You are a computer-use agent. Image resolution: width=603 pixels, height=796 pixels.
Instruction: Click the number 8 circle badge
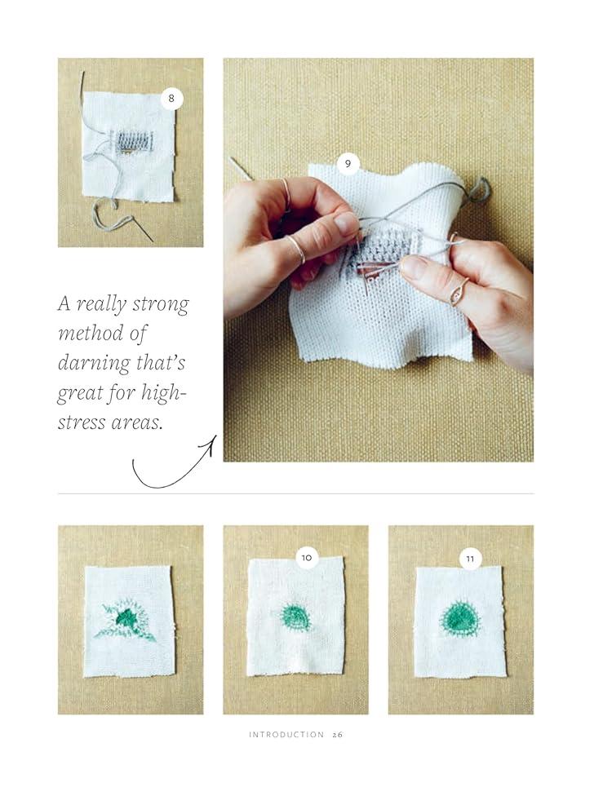pos(171,99)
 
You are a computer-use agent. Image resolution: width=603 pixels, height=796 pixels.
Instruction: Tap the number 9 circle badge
pos(348,163)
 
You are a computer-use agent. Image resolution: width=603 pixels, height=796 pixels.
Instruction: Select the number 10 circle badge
pos(307,558)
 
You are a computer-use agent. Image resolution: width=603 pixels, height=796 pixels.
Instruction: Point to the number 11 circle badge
pos(471,559)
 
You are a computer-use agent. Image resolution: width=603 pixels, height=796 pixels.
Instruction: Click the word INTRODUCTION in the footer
pos(286,735)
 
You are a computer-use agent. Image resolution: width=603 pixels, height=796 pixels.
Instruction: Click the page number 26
pos(338,735)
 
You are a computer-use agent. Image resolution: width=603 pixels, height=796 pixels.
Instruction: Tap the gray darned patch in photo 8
pos(133,141)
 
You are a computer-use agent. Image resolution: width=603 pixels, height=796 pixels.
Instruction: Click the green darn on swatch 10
pos(295,617)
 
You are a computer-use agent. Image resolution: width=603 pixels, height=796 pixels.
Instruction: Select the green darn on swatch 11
pos(459,618)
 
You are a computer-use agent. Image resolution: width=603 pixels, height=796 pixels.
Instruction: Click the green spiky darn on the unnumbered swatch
pos(125,618)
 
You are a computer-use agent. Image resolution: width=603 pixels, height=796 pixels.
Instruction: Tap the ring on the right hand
pos(459,293)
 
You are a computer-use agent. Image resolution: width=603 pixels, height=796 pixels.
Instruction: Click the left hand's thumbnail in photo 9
pos(347,223)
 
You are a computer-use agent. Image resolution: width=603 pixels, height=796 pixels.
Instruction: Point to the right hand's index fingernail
pos(414,267)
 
